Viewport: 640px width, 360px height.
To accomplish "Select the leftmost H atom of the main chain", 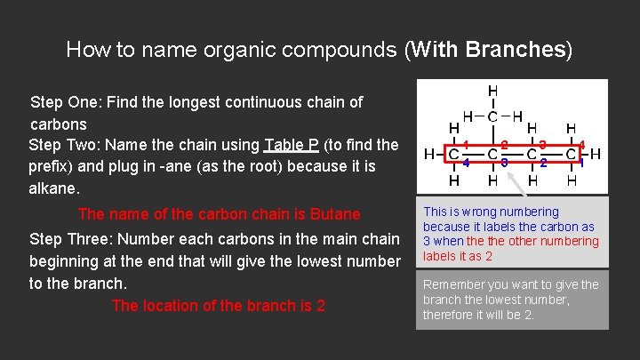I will [x=429, y=154].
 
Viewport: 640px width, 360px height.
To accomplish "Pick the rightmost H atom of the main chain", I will [x=596, y=154].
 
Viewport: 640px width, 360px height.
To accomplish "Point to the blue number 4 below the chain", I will [x=467, y=163].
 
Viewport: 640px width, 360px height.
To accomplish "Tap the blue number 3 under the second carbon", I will [x=505, y=163].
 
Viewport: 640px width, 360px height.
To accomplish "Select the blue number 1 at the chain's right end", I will [x=581, y=163].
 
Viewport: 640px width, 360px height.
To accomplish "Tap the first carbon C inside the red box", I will [x=453, y=154].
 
